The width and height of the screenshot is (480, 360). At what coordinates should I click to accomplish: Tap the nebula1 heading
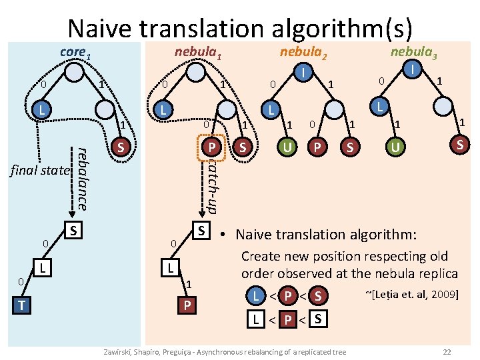pyautogui.click(x=198, y=52)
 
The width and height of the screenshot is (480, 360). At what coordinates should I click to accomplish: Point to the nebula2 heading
pyautogui.click(x=303, y=52)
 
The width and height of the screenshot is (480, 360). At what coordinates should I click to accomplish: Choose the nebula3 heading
pyautogui.click(x=413, y=52)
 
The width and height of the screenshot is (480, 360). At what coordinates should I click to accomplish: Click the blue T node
pyautogui.click(x=23, y=305)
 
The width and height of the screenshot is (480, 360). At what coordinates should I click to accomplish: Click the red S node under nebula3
pyautogui.click(x=459, y=144)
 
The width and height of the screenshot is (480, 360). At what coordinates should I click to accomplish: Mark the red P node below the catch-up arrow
pyautogui.click(x=188, y=305)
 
